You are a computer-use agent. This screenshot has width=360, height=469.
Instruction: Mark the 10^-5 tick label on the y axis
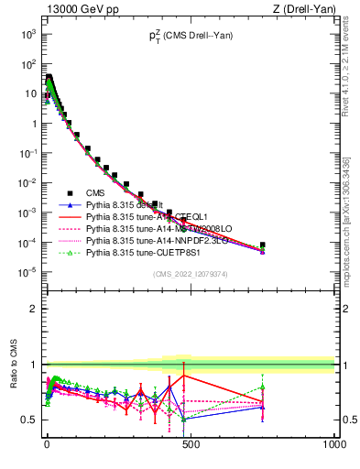(x=27, y=272)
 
